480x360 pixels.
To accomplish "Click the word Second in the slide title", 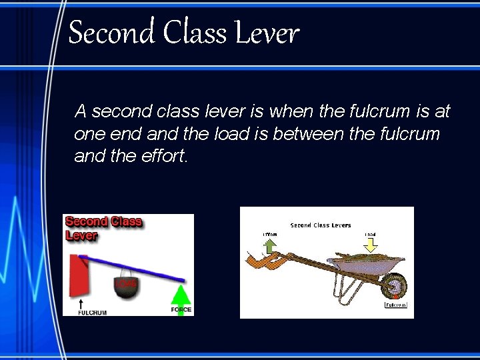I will click(x=109, y=32).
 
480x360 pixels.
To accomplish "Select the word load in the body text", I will click(x=230, y=134).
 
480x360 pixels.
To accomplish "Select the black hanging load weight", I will click(x=127, y=284).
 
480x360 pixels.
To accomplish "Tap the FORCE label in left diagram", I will click(x=181, y=310).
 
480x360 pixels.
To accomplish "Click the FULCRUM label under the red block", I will click(x=92, y=311).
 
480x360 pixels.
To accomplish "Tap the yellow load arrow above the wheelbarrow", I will click(x=370, y=245).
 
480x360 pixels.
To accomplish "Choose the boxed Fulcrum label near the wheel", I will click(x=396, y=305).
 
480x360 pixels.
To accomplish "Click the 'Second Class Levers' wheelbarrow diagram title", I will click(x=321, y=225).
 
